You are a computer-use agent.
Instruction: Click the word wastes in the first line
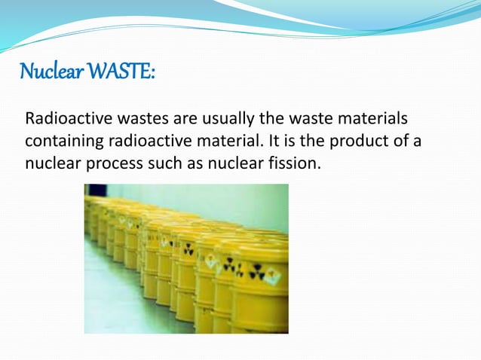[x=139, y=120]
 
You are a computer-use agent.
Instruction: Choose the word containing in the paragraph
[x=63, y=141]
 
